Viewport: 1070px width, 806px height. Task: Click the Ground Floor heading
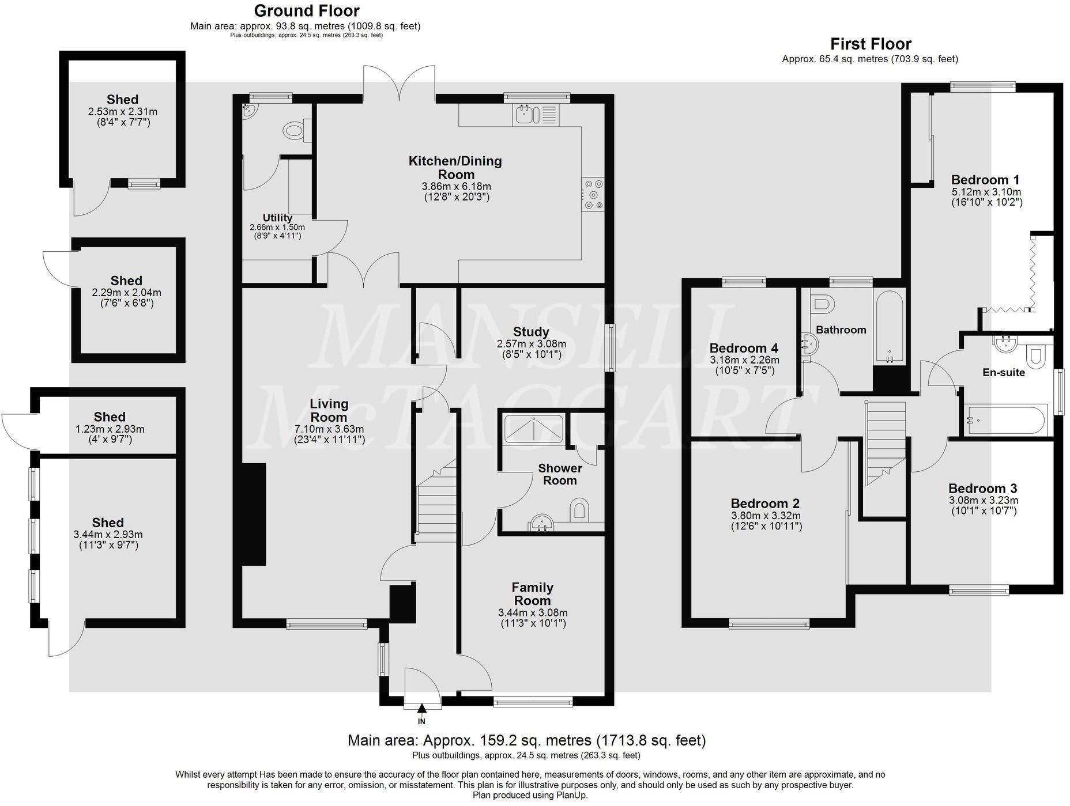306,11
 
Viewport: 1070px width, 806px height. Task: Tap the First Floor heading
871,44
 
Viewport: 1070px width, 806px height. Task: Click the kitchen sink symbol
525,114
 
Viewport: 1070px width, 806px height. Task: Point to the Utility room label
277,218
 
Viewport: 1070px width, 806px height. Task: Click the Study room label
531,332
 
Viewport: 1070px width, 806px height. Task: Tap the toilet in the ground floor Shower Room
580,509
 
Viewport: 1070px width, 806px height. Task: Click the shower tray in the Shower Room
533,429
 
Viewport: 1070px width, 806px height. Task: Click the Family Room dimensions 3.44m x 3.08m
533,612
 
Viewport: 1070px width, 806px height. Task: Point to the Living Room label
329,410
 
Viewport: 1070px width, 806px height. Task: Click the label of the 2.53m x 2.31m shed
122,100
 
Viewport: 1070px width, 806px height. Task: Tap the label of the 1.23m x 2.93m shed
110,417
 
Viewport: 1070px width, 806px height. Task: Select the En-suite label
1004,373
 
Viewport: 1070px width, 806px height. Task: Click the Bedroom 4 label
744,348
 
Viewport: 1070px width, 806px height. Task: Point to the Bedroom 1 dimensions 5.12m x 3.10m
986,192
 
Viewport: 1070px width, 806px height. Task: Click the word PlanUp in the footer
571,795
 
